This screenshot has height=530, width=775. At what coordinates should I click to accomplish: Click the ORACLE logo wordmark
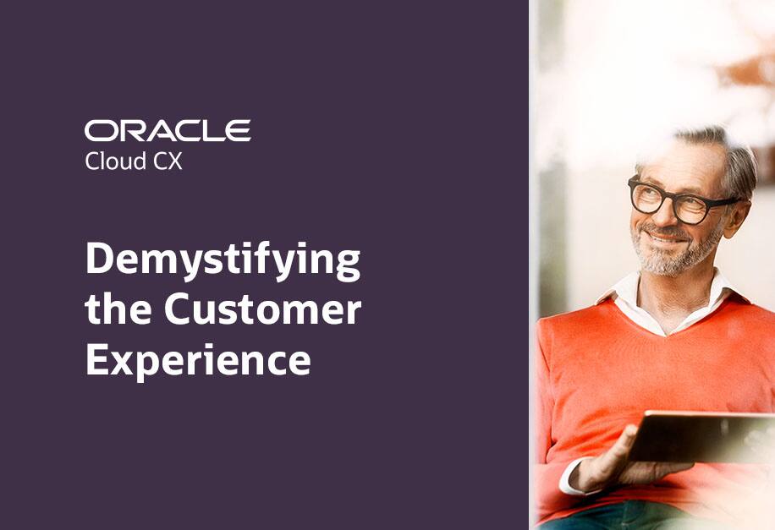[168, 131]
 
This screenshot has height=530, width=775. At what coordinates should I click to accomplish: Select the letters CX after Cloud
[168, 161]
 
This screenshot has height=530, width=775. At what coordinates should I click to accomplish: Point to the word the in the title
[119, 310]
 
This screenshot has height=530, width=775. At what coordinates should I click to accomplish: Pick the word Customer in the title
[262, 310]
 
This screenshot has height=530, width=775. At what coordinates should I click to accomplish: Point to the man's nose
[662, 216]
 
